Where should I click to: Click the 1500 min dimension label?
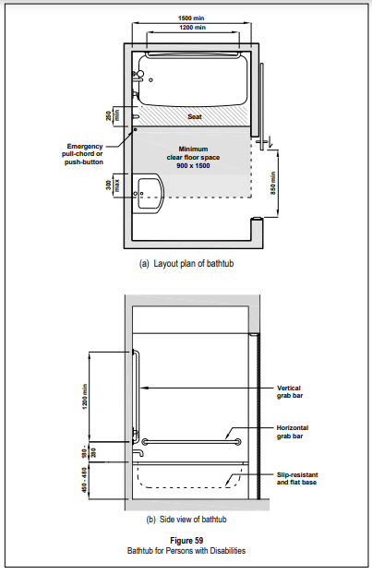click(x=191, y=18)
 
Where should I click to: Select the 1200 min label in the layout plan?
click(x=193, y=28)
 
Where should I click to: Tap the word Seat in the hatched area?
click(x=195, y=117)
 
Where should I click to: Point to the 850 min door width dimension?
click(x=273, y=183)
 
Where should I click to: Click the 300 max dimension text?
click(x=113, y=185)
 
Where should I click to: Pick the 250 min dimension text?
click(x=113, y=116)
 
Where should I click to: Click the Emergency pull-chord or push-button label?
click(x=83, y=154)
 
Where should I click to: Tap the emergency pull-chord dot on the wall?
click(x=135, y=129)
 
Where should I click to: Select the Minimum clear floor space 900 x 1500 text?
click(x=193, y=158)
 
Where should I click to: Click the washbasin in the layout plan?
click(x=150, y=193)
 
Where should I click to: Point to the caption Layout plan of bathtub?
click(x=186, y=264)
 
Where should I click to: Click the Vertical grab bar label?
click(x=290, y=391)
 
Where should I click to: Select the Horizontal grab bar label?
click(x=293, y=432)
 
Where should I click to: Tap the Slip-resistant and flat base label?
click(x=297, y=478)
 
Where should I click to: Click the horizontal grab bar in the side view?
click(x=191, y=442)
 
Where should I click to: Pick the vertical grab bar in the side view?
click(x=138, y=395)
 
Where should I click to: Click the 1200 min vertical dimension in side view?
click(x=85, y=397)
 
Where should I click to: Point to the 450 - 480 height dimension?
click(x=85, y=480)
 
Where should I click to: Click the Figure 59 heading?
click(x=186, y=541)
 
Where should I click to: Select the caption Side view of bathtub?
click(x=186, y=520)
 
